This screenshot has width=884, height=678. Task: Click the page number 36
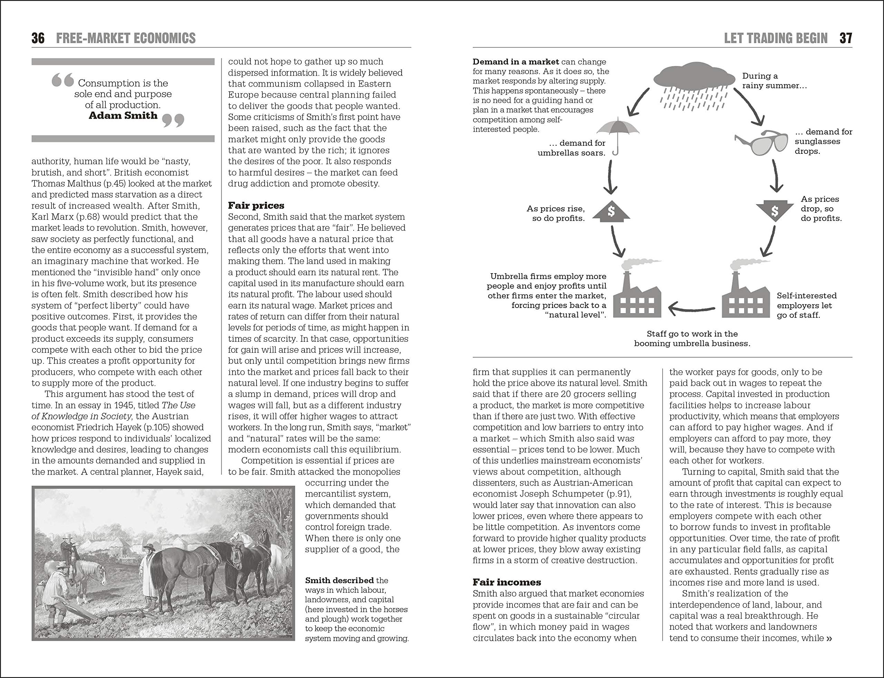pos(38,38)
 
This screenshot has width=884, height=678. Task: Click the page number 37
pos(846,38)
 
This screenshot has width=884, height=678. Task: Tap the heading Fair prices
pos(256,206)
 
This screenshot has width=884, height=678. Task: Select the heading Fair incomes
pos(507,582)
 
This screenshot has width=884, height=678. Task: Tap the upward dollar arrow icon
pos(611,211)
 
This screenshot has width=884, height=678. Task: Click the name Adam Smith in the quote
pos(123,116)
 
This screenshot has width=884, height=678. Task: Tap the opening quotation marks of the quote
pos(63,80)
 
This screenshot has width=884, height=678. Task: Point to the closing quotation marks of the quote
pos(173,120)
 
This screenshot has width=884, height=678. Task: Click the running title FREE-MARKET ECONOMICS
pos(126,38)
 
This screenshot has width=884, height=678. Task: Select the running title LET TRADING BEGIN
pos(776,38)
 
